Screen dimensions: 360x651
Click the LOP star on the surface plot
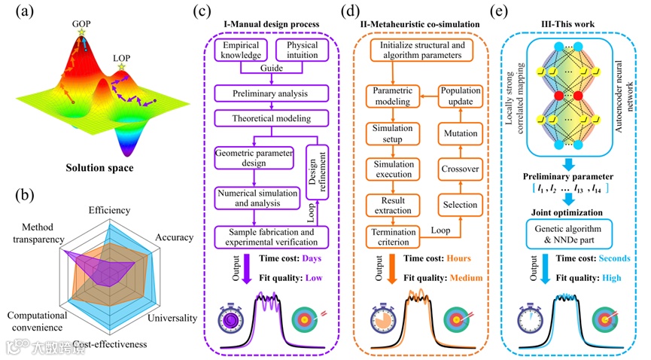(121, 68)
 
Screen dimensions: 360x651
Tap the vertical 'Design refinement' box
(316, 172)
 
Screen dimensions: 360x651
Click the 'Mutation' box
(460, 133)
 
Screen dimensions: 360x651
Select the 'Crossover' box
(460, 169)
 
